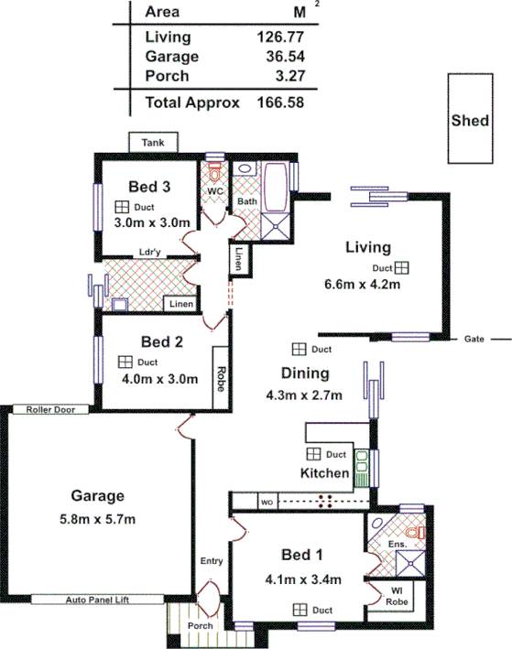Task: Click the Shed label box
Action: point(470,120)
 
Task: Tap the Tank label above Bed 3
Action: point(153,143)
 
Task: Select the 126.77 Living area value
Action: point(281,38)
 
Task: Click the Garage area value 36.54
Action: point(281,57)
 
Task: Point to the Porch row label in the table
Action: point(167,76)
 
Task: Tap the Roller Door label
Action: point(49,409)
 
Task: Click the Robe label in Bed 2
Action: point(221,378)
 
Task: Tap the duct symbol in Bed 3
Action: point(121,207)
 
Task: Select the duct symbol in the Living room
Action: point(401,267)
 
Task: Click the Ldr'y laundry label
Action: point(151,253)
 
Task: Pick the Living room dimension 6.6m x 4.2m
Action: point(364,284)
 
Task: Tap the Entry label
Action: point(212,560)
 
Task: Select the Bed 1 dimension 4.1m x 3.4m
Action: point(303,579)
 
